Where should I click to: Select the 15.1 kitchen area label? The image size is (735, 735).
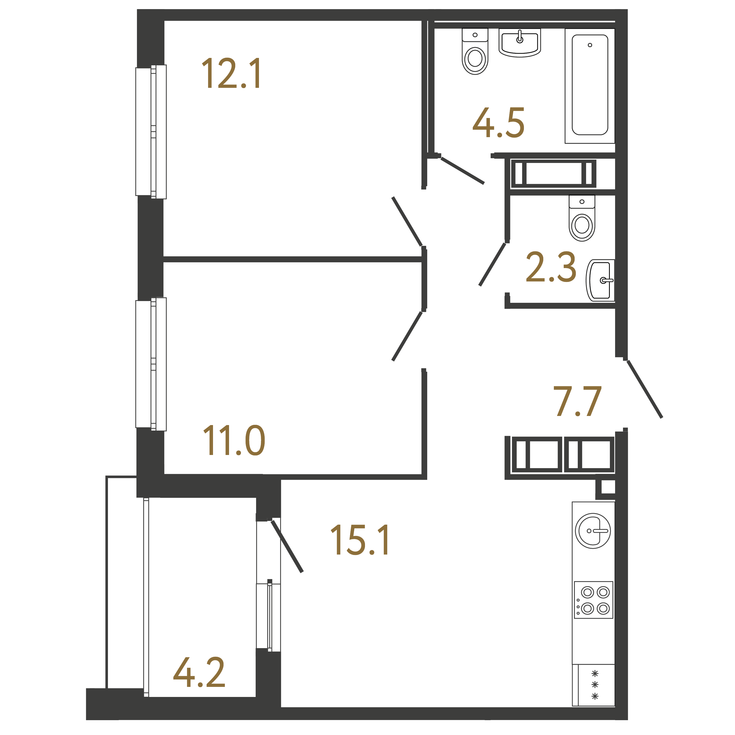(360, 540)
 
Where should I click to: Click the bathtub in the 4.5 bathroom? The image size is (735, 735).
(590, 86)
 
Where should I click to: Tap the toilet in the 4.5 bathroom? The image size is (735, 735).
(475, 51)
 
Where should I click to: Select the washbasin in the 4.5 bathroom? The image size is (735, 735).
(520, 43)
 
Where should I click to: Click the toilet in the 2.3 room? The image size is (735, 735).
(582, 218)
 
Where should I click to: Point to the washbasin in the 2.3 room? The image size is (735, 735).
(600, 280)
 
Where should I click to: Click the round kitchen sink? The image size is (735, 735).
(593, 531)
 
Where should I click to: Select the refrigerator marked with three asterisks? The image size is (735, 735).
(594, 685)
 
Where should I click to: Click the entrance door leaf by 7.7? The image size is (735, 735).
(645, 389)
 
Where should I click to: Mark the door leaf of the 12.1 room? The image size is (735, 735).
(407, 221)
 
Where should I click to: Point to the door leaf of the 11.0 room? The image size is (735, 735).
(407, 336)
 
